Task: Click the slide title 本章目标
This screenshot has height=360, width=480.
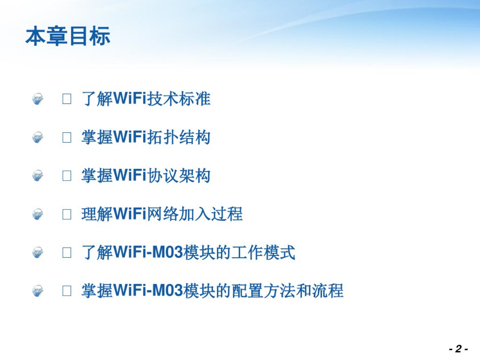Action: (68, 36)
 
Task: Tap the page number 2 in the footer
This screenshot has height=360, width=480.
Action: (459, 349)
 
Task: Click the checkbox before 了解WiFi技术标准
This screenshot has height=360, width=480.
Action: (67, 99)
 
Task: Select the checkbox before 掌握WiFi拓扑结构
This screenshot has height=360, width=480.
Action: (67, 138)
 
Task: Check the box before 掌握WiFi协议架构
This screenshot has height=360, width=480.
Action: (67, 176)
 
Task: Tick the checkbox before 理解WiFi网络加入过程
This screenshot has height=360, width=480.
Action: (67, 214)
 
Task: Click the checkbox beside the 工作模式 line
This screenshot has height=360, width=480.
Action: (67, 253)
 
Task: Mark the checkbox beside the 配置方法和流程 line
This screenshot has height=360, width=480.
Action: (67, 291)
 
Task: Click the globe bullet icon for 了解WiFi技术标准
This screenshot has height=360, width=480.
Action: (37, 99)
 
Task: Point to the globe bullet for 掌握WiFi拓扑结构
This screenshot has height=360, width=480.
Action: (37, 137)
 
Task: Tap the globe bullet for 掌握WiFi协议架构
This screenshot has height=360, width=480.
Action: (37, 176)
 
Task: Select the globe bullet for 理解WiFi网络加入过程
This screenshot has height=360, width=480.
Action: (37, 214)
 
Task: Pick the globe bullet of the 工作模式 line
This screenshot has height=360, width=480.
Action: (37, 253)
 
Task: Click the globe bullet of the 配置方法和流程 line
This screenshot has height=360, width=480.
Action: (37, 291)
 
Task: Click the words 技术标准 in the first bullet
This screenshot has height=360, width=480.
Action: (179, 99)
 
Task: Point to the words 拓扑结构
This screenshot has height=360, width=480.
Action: (179, 137)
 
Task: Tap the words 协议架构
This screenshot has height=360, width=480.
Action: (179, 176)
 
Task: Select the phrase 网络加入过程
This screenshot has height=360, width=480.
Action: (195, 214)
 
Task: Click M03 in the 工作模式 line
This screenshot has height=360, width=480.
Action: (168, 252)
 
